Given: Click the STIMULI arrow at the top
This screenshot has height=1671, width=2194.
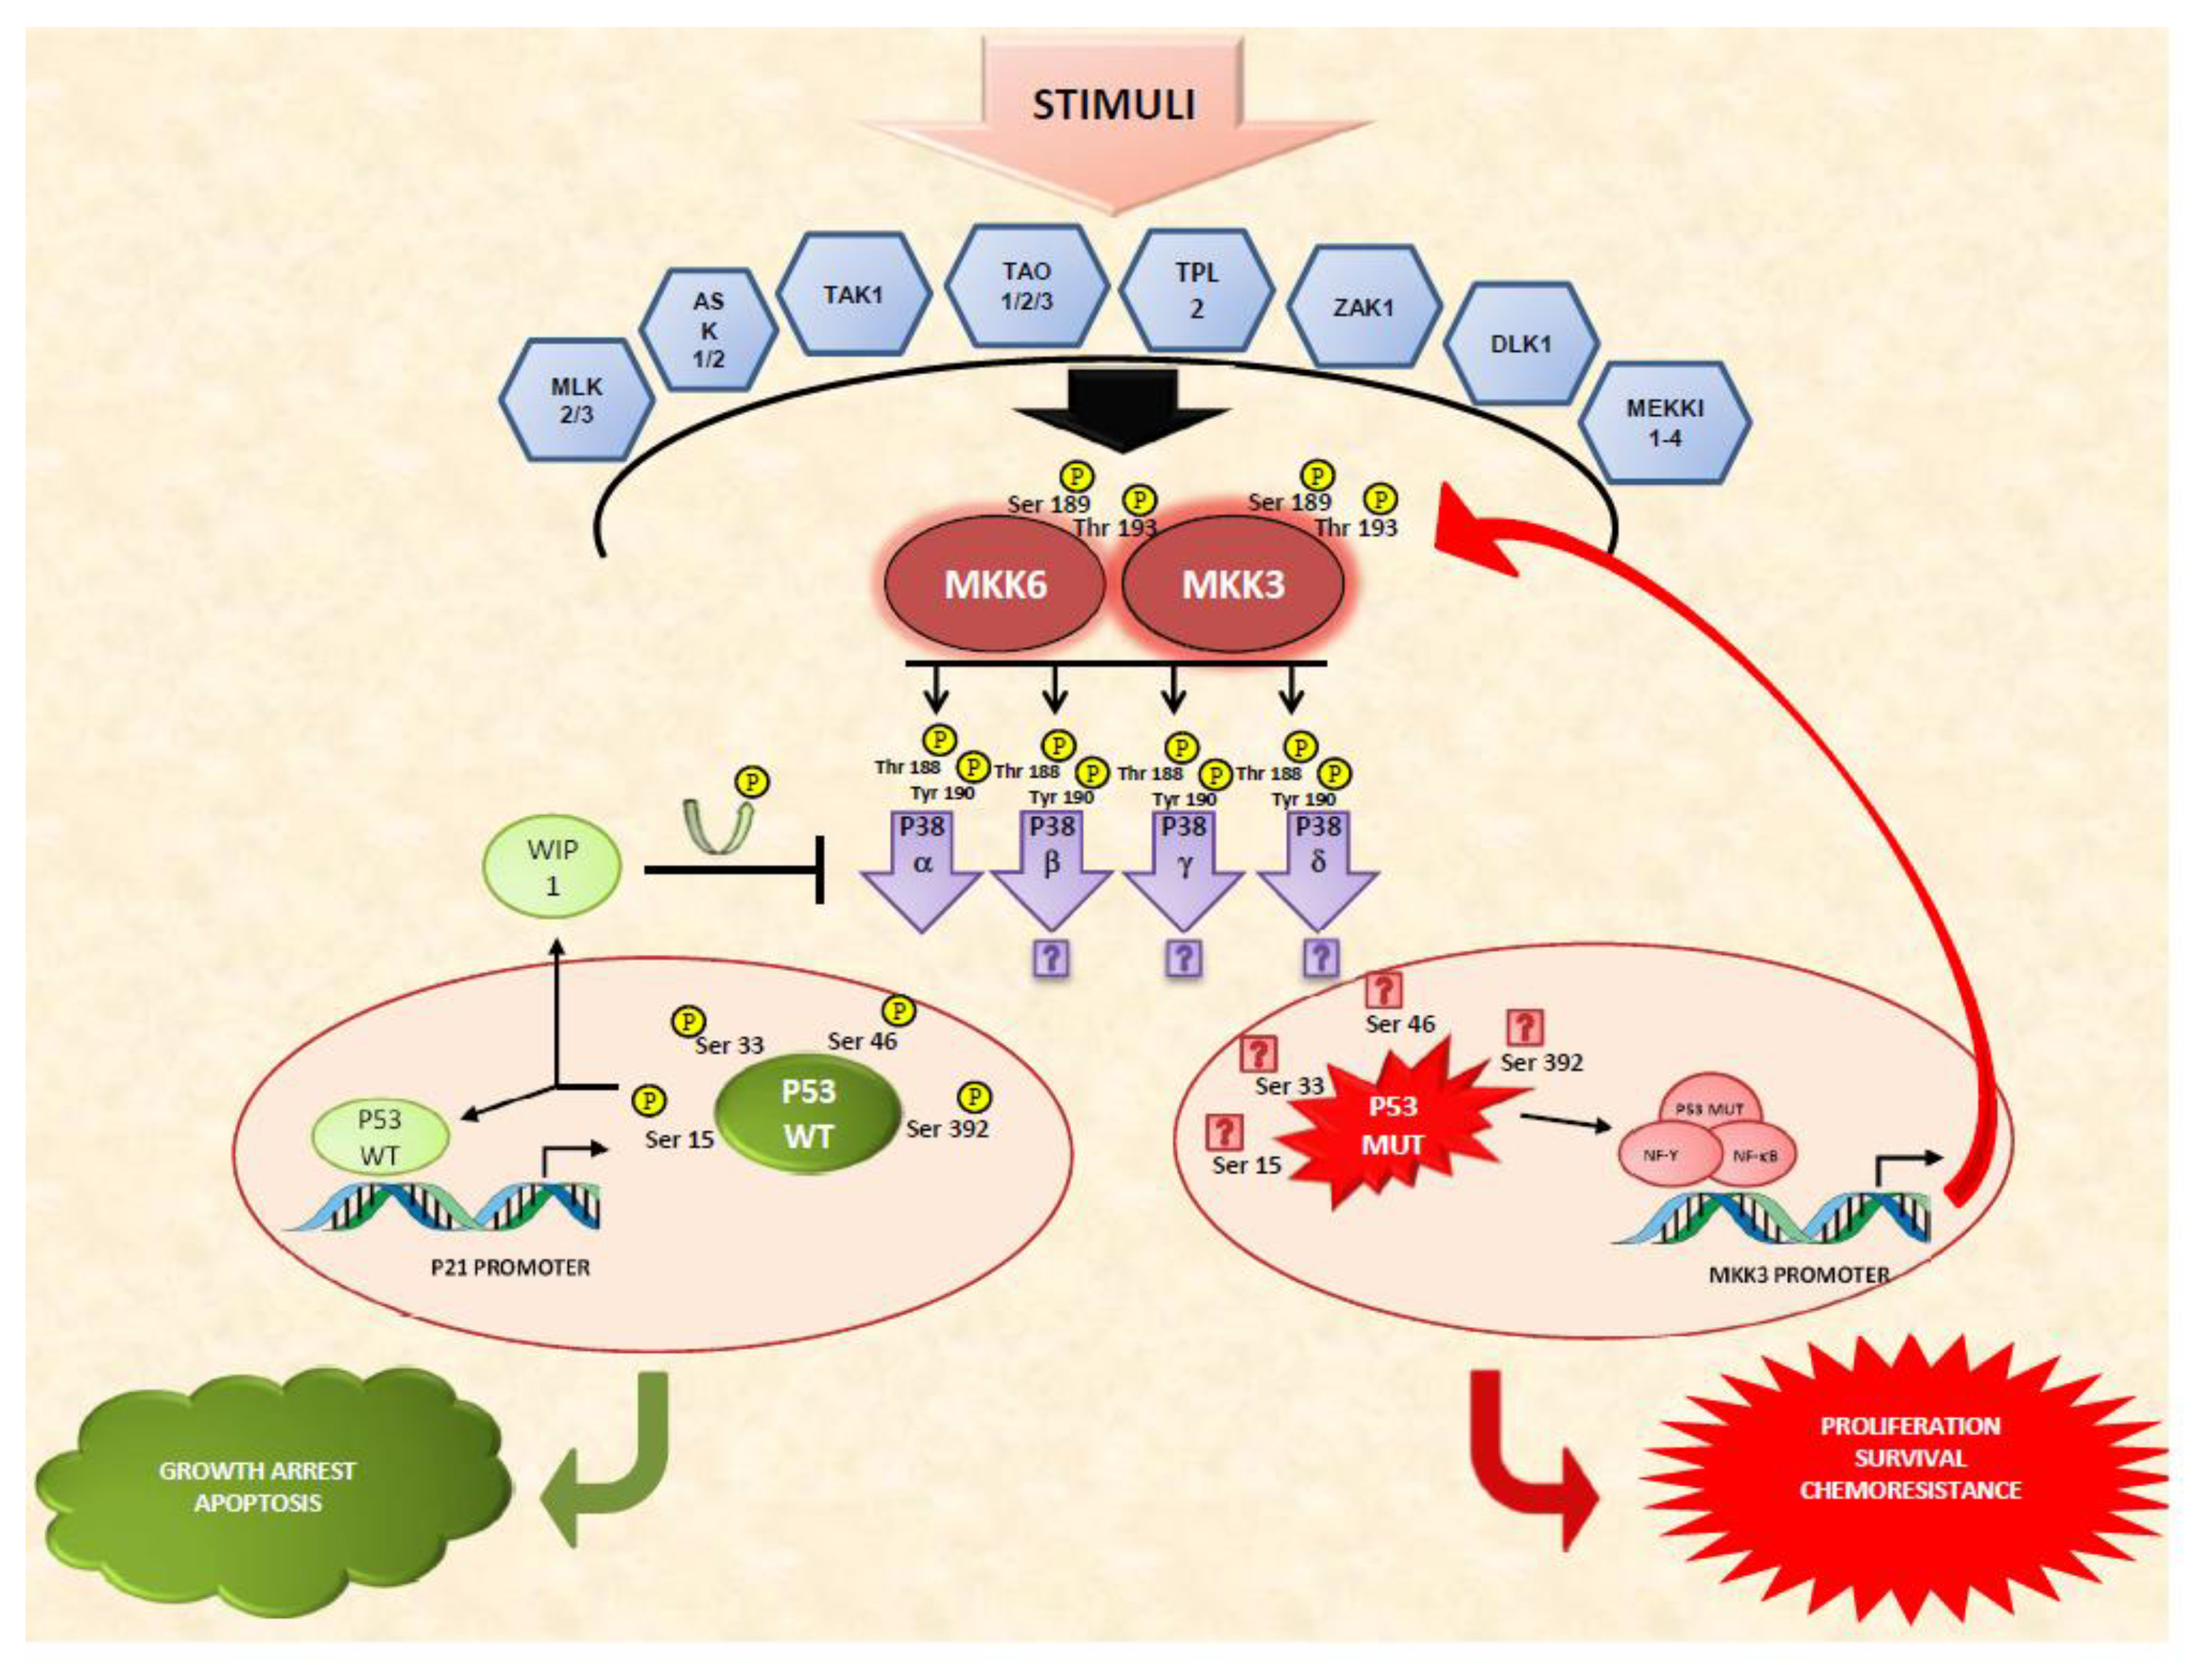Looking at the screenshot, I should point(1115,109).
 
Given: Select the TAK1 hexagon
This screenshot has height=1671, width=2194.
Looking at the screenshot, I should point(853,294).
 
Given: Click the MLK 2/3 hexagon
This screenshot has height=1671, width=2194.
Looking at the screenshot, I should point(576,400).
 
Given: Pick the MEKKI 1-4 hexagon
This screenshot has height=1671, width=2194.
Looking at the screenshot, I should point(1665,422).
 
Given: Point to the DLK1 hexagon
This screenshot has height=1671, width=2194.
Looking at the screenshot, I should point(1520,344).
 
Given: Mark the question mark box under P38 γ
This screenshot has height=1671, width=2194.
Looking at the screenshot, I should point(1183,958).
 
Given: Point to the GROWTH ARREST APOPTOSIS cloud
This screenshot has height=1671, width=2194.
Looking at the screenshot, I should point(258,1487).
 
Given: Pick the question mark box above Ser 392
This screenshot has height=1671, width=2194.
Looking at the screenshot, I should point(1524,1026).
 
